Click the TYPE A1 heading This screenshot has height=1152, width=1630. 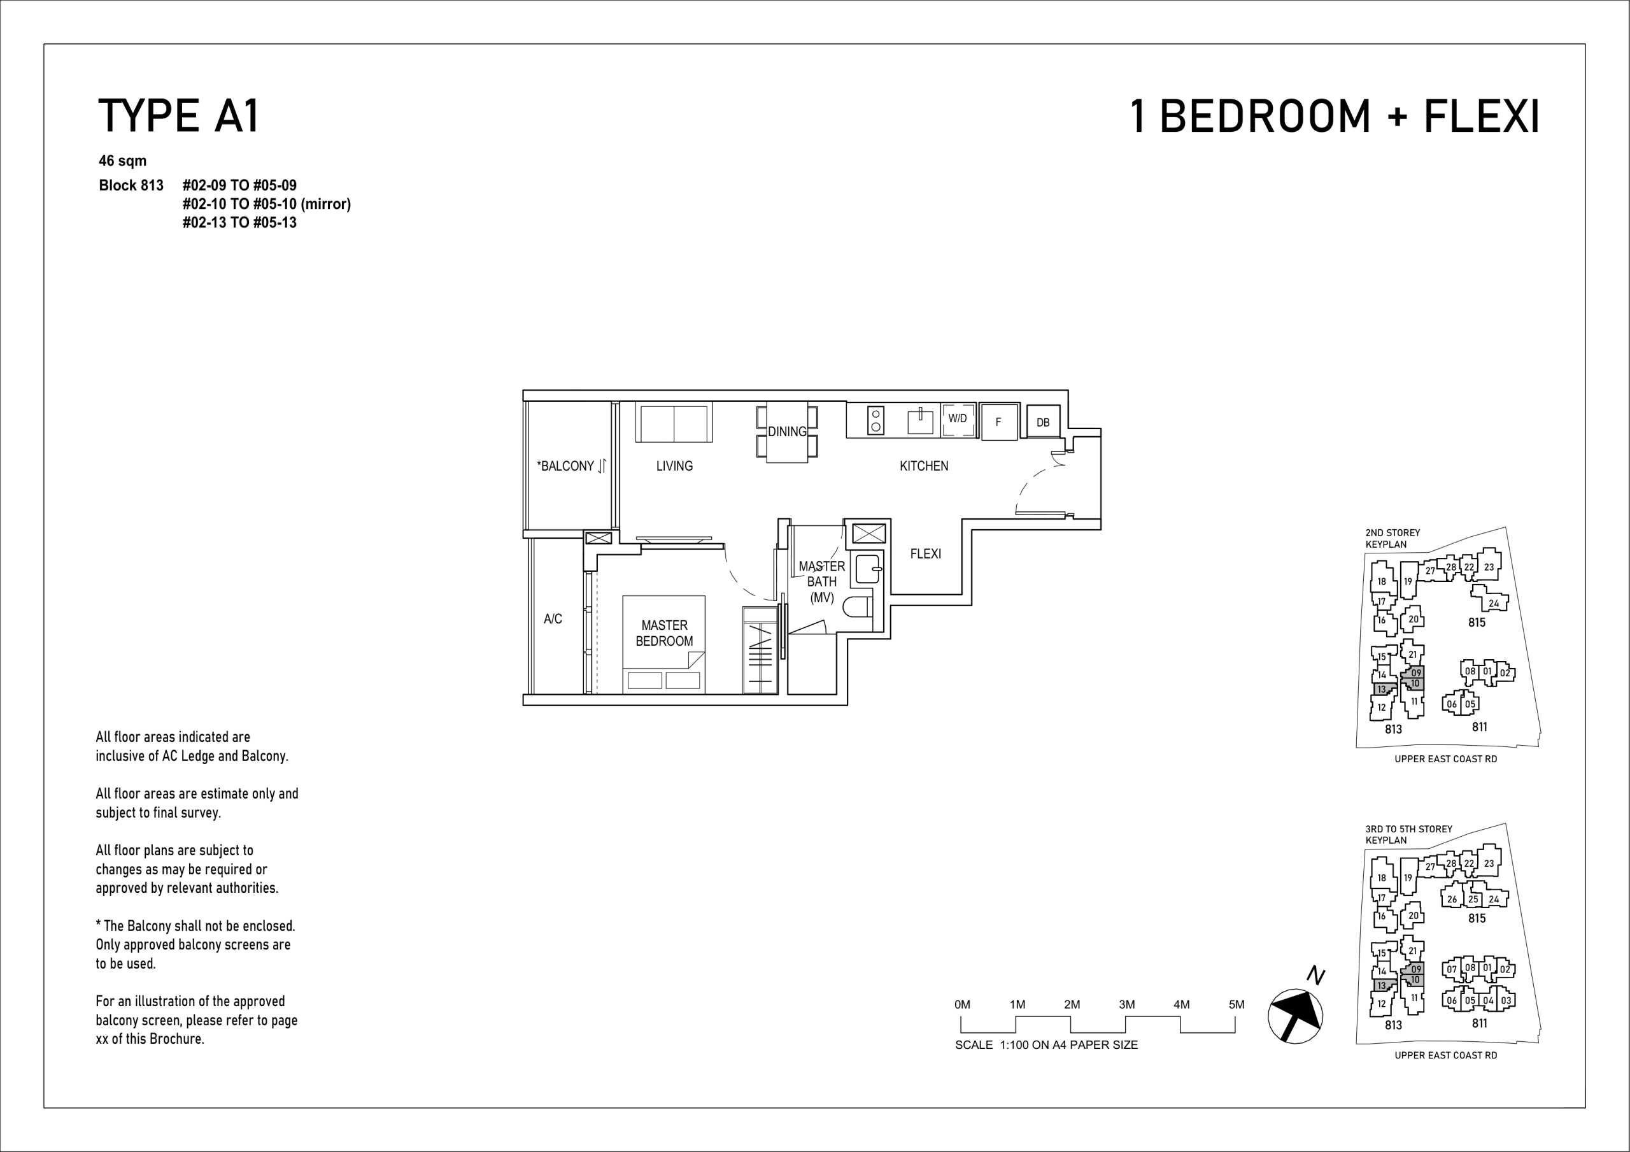coord(179,116)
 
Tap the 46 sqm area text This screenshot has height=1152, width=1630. coord(123,160)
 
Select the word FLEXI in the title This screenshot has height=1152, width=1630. coord(1482,117)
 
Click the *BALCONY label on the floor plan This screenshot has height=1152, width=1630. coord(565,466)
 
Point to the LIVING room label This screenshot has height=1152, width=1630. coord(674,466)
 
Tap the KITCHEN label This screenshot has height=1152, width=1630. coord(924,466)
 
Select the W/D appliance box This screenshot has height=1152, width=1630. coord(958,420)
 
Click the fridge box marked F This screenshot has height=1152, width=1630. coord(1000,422)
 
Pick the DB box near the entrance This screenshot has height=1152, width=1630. coord(1043,422)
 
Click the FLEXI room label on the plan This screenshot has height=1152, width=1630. coord(926,553)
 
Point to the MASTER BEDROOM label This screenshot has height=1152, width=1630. coord(665,633)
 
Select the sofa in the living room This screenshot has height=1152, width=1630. coord(674,423)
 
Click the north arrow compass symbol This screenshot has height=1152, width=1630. coord(1295,1016)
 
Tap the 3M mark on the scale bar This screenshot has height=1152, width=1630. coord(1126,1004)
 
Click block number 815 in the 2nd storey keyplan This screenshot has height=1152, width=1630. coord(1477,622)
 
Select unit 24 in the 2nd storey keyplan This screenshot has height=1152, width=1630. coord(1494,603)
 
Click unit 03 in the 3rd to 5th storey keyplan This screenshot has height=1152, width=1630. coord(1506,1000)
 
